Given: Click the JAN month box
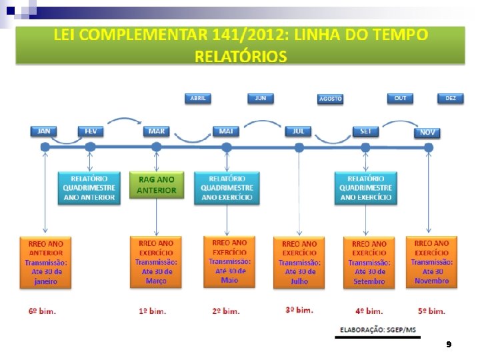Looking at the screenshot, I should point(44,131).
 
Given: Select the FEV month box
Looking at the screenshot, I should point(91,131).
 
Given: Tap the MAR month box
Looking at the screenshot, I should point(157,131).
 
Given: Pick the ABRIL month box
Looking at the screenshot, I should point(198,98).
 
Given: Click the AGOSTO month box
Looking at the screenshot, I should point(330,99).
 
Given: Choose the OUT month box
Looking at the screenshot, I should point(400,98).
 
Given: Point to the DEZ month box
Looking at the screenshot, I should point(451,98).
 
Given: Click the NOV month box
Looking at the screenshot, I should point(427,132).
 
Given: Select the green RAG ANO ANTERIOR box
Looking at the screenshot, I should point(157,185).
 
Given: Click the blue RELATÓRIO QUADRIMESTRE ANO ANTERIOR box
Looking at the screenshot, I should point(89,188).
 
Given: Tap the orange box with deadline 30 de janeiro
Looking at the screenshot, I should point(46,262).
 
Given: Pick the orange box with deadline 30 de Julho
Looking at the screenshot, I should point(299,262).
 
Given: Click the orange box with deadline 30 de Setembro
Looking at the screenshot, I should point(369,262).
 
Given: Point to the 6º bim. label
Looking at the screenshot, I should point(41,311).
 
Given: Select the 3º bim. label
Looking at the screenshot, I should point(299,310).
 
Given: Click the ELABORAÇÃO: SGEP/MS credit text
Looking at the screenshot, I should point(377,329).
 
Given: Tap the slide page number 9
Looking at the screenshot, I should point(449,345).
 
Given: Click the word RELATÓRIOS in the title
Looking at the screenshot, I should point(241,56).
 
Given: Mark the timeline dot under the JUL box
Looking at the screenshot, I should point(299,147).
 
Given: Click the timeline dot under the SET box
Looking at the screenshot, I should point(365,147).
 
